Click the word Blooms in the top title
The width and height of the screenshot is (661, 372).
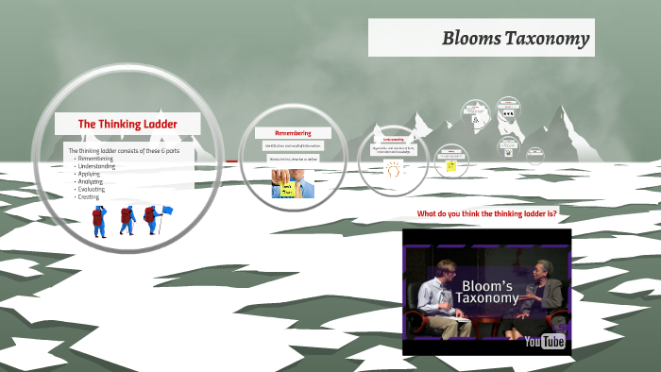pos(472,39)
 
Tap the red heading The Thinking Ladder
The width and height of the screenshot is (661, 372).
pos(127,124)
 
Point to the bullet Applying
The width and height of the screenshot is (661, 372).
pos(91,174)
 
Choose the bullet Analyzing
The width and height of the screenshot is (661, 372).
pos(93,181)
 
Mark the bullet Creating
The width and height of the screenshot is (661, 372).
pos(89,196)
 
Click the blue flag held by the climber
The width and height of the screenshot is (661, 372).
pos(167,211)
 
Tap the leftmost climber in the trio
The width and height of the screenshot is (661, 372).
pos(99,221)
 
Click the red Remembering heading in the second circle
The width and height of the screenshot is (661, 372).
pos(292,133)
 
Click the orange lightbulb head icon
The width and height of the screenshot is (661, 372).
pos(393,170)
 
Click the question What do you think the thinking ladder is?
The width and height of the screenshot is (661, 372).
pos(486,213)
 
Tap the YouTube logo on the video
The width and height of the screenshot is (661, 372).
pos(545,341)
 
